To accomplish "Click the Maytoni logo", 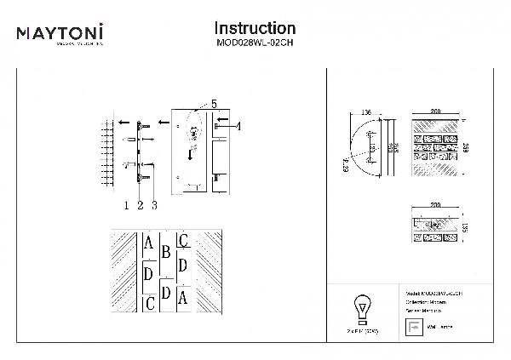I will (60, 35).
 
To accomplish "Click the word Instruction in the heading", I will (255, 29).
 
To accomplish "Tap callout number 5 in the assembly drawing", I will (214, 104).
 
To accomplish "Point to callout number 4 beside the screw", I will (238, 126).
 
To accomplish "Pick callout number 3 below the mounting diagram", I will (153, 204).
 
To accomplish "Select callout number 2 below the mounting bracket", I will (139, 204).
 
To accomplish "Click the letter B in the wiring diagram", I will (166, 252).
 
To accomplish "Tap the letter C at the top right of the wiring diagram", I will (184, 241).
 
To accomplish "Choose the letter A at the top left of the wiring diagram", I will (149, 246).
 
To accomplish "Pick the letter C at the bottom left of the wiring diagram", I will (150, 303).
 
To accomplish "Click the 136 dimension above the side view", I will (367, 111).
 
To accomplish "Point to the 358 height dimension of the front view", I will (467, 146).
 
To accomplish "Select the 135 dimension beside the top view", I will (467, 226).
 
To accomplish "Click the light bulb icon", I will (362, 306).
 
